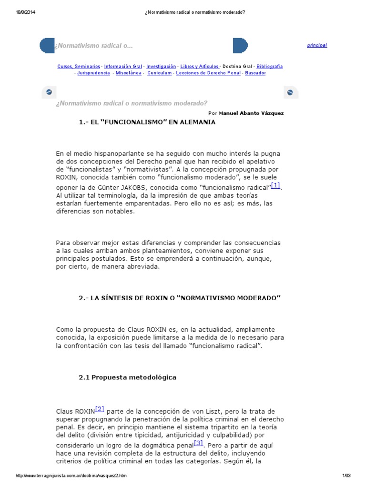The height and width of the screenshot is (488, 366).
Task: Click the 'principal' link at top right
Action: [317, 45]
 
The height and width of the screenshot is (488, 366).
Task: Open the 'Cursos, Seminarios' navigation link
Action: [79, 67]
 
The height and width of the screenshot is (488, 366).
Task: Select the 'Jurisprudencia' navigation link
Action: [93, 73]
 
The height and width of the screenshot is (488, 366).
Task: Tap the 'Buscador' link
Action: [255, 73]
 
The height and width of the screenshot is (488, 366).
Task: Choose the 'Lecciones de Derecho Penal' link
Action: [208, 73]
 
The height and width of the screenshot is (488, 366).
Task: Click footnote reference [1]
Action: [275, 185]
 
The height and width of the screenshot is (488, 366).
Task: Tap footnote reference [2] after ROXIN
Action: [100, 408]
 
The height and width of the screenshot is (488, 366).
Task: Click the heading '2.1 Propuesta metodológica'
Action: [127, 377]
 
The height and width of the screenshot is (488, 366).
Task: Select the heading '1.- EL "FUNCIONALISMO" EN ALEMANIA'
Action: [147, 122]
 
